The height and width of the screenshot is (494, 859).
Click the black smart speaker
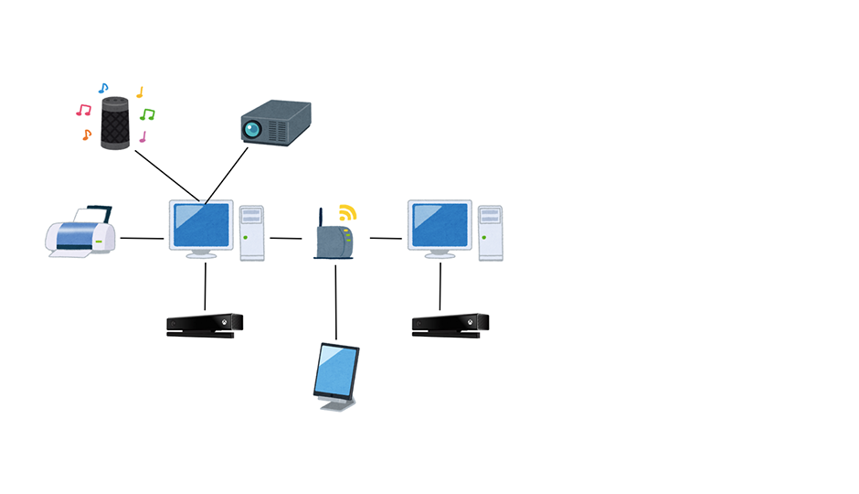115,122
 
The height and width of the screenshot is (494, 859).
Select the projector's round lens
252,129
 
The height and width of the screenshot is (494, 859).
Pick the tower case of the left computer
252,232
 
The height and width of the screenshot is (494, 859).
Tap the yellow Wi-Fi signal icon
346,213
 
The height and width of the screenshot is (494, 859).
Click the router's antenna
320,219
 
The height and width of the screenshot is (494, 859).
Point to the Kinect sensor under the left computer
205,325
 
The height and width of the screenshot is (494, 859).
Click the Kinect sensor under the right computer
450,325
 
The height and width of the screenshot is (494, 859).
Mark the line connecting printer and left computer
142,239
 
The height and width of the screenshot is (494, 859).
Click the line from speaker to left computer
166,173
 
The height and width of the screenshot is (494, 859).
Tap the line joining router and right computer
386,239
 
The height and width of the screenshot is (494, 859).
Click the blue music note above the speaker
103,89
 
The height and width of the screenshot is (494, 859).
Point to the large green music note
147,114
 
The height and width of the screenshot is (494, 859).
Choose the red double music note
83,110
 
